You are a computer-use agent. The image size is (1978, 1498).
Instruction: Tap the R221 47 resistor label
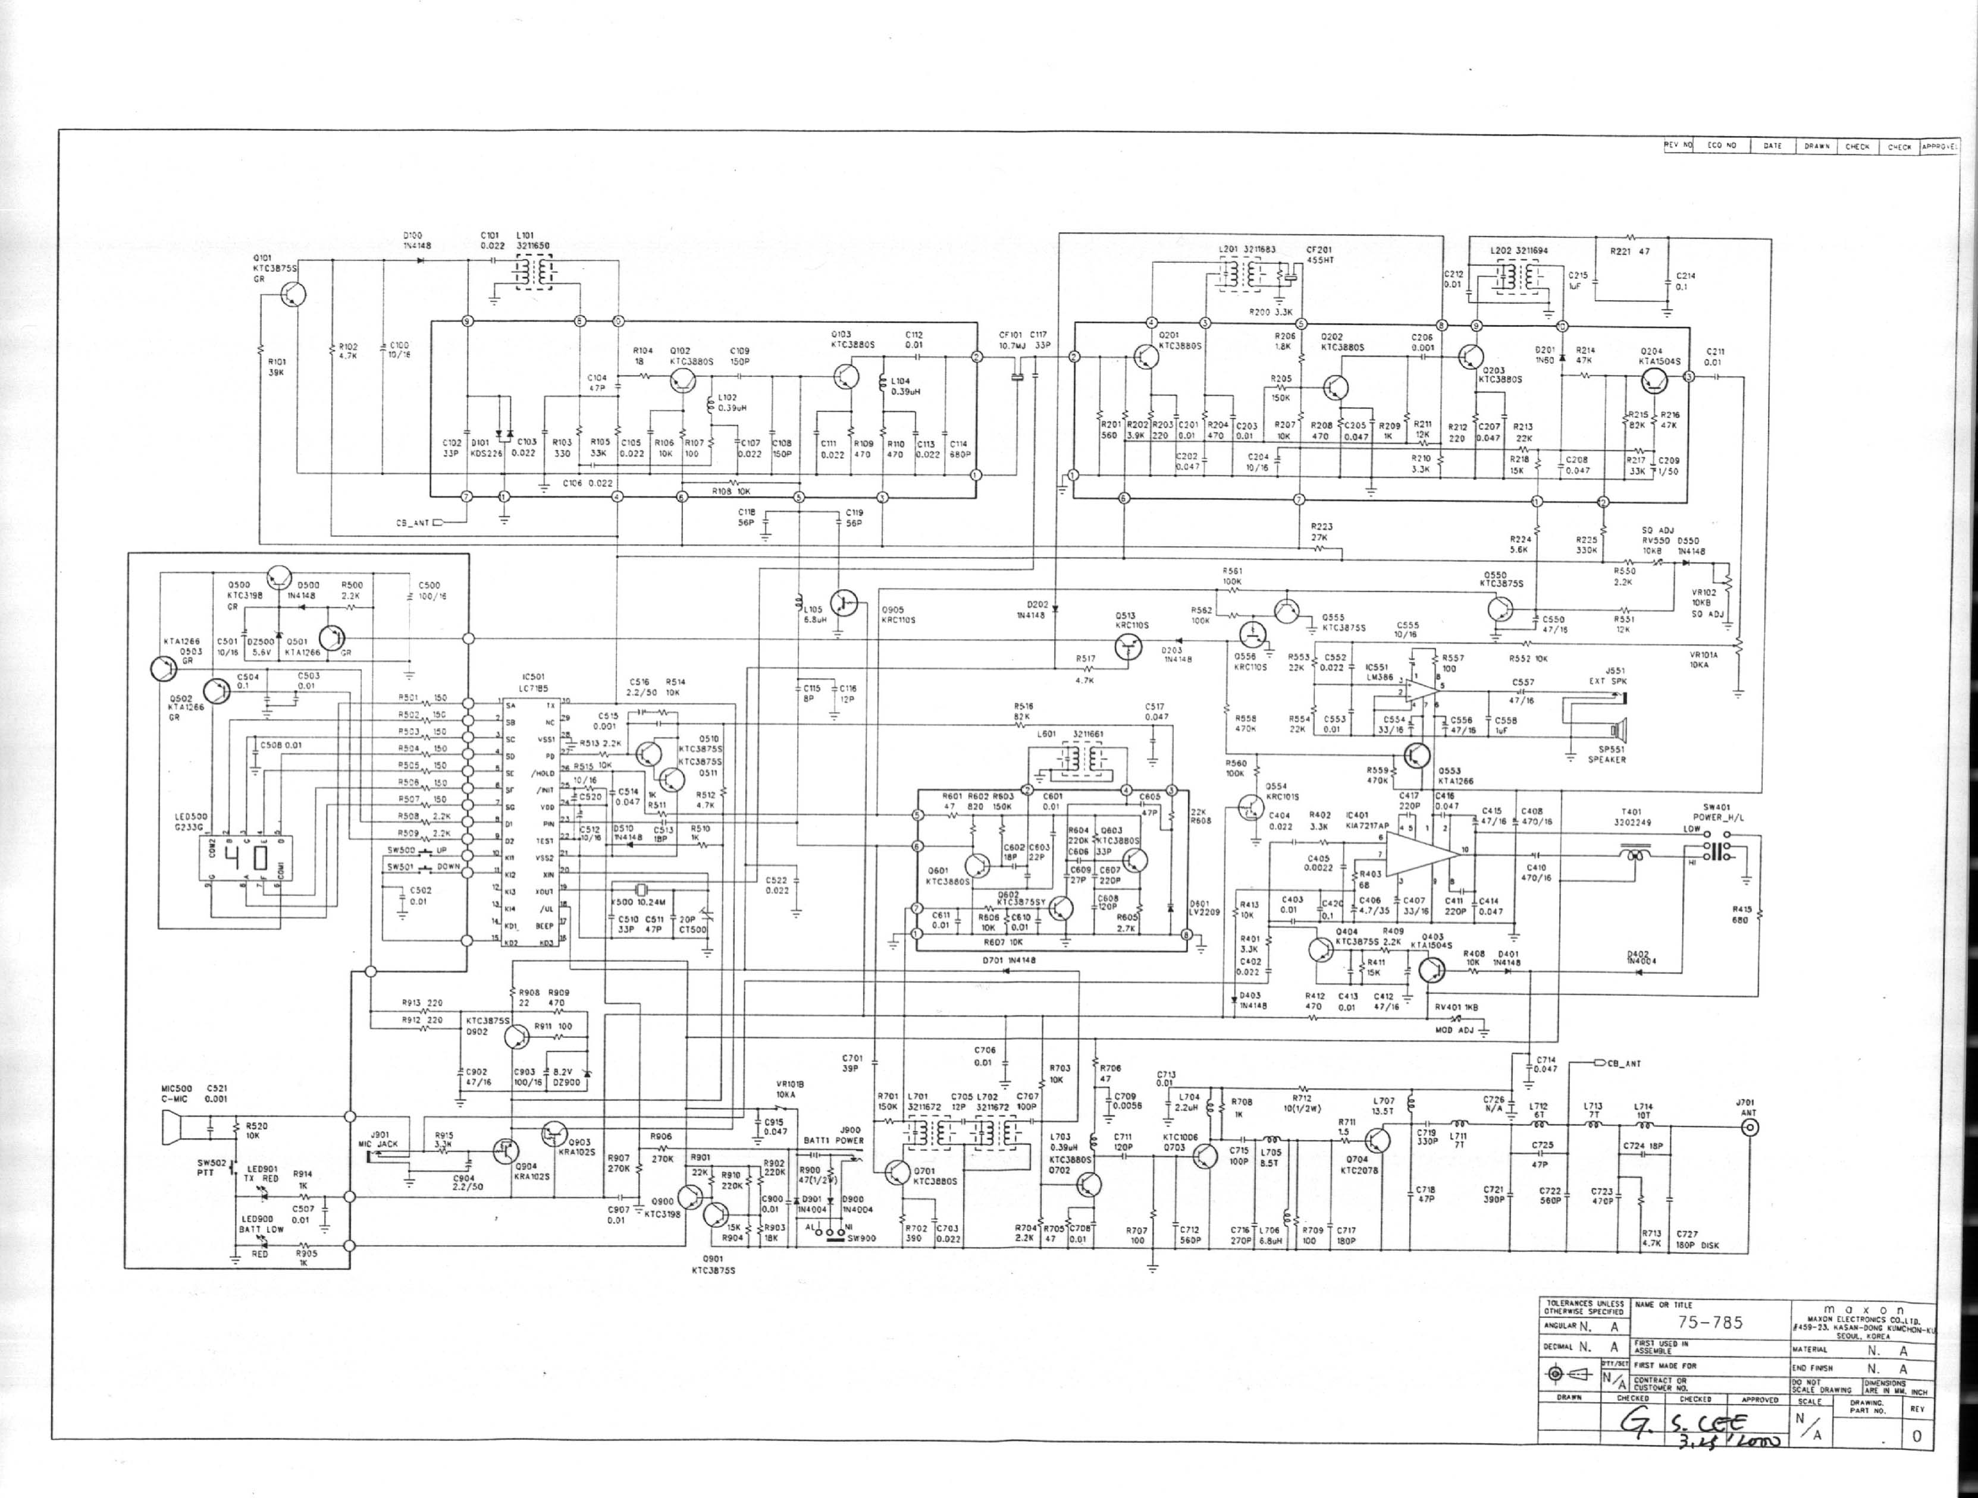(x=1630, y=251)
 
